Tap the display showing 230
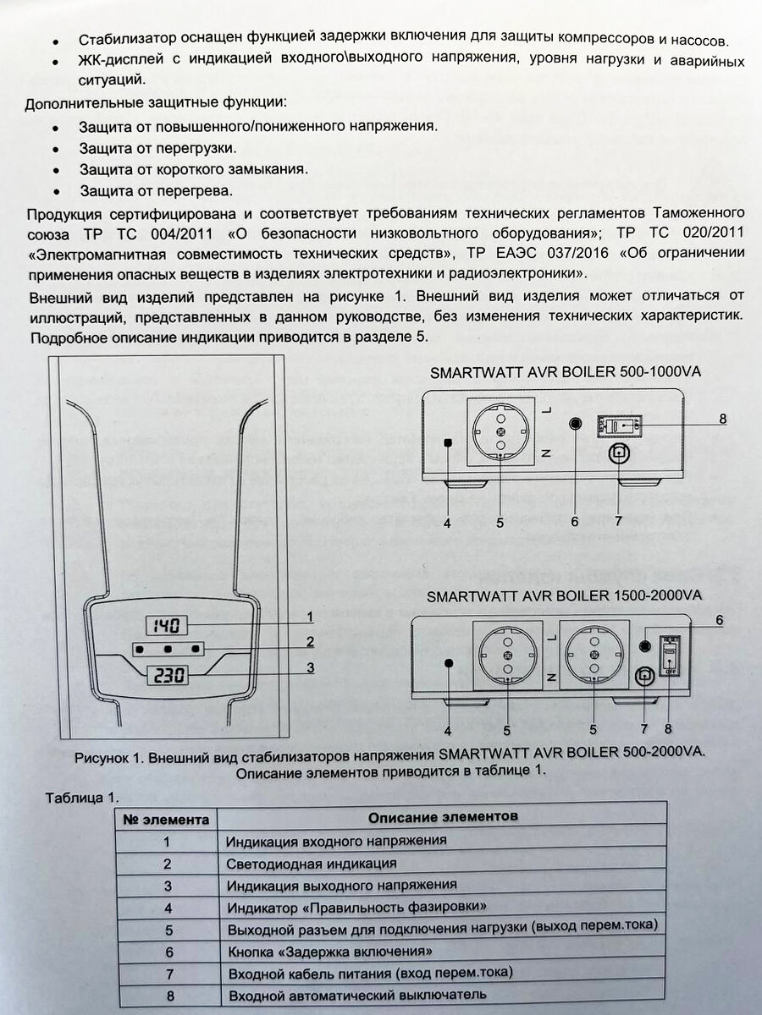[167, 676]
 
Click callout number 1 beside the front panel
[310, 617]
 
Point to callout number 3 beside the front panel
[311, 667]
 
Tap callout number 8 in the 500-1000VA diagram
[722, 418]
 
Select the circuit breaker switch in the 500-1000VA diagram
[621, 425]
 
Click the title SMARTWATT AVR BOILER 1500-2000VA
[564, 595]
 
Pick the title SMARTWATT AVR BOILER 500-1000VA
[566, 371]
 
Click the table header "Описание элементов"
[443, 817]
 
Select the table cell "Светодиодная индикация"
[312, 864]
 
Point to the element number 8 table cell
[168, 996]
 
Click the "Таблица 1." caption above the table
[82, 798]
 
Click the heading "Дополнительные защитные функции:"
[156, 103]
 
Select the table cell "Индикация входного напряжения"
[336, 841]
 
